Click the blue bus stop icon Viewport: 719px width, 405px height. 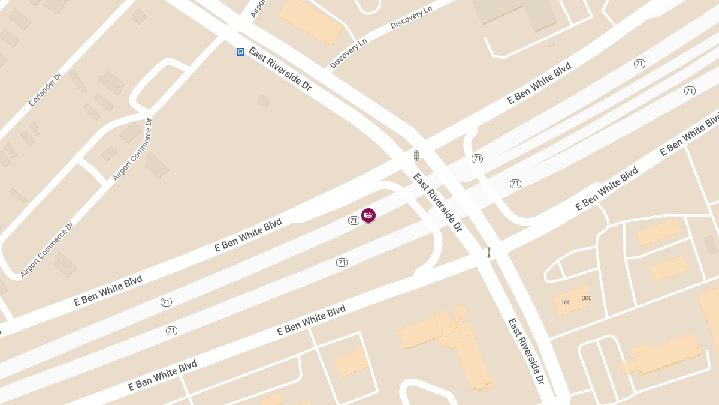240,52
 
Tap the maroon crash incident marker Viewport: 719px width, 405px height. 368,215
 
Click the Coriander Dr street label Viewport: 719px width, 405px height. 45,90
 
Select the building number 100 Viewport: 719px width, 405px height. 566,302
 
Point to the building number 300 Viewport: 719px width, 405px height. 587,298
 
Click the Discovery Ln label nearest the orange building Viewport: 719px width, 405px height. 348,55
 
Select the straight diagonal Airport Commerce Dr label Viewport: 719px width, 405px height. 132,149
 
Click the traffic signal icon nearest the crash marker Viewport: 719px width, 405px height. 416,155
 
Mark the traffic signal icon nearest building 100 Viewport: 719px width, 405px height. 489,253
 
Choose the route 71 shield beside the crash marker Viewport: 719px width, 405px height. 354,221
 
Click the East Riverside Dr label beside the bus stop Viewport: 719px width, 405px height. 280,68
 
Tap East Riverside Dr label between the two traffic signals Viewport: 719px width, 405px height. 437,202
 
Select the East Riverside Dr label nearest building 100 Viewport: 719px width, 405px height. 526,351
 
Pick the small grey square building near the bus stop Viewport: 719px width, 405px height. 264,100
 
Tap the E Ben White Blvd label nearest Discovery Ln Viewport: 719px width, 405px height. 539,83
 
